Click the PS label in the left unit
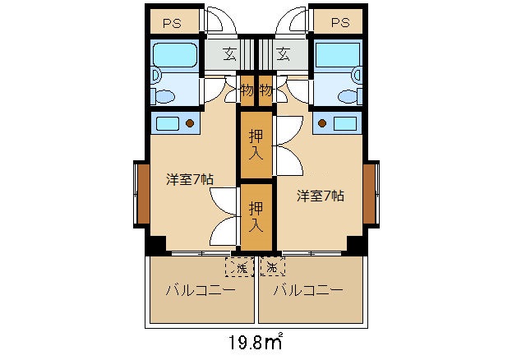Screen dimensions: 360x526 coord(172,23)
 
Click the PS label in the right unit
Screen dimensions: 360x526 coord(340,23)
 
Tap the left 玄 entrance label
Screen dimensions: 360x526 coord(229,55)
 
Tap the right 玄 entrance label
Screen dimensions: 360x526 coord(284,55)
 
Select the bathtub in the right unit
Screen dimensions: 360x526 coord(338,55)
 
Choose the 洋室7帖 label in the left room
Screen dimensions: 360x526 coord(190,178)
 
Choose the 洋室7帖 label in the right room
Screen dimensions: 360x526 coord(321,196)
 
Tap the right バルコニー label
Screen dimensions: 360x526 coord(307,291)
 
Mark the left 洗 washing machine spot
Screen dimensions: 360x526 coord(240,266)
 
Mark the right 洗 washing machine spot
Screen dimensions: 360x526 coord(272,266)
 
